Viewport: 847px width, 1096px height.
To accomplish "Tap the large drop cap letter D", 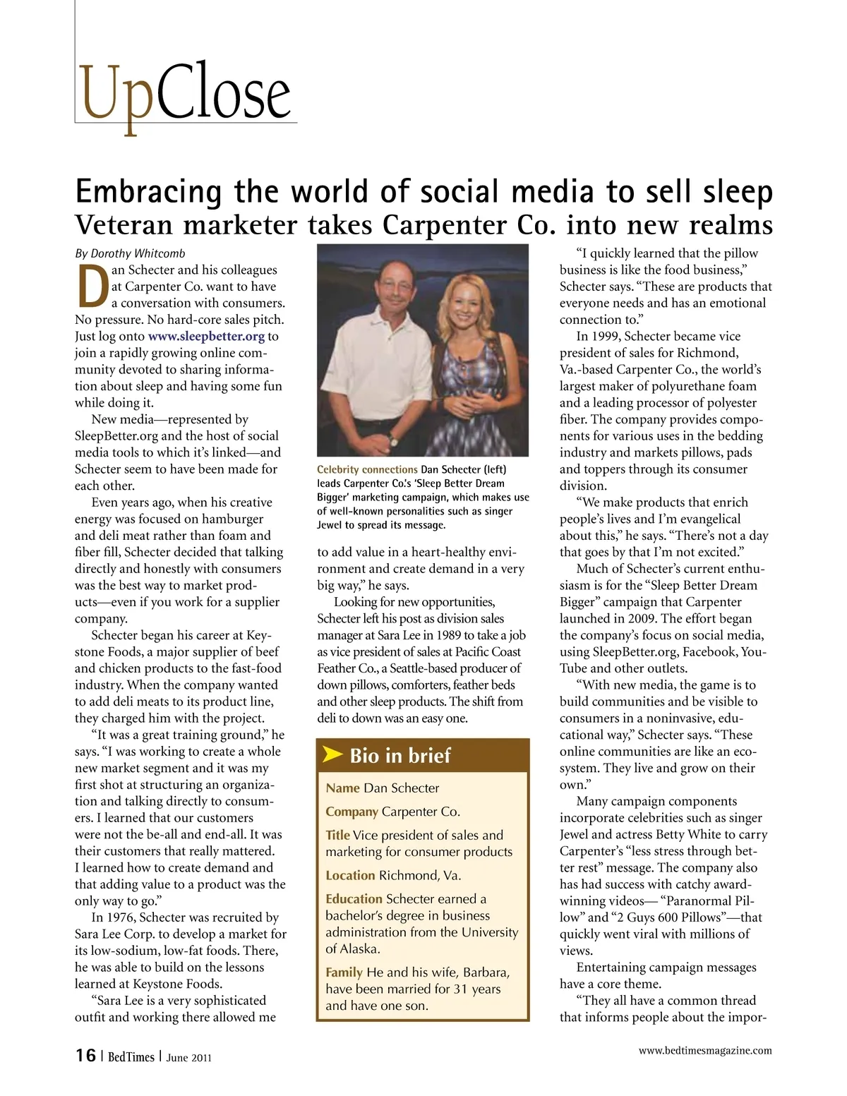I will (x=92, y=287).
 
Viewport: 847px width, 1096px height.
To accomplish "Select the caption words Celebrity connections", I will (x=367, y=469).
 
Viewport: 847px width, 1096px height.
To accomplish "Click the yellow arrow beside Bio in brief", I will (x=332, y=754).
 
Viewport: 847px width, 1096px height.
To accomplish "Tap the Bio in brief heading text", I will (x=400, y=756).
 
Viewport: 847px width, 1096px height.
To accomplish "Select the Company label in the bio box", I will (x=352, y=812).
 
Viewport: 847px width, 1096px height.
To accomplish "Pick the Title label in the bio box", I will (x=337, y=836).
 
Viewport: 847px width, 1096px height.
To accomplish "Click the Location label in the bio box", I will (x=350, y=876).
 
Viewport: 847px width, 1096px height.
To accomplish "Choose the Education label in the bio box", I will (x=354, y=899).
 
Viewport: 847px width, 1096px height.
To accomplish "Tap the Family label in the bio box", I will (x=344, y=972).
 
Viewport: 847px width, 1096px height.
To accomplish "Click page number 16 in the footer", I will (x=85, y=1056).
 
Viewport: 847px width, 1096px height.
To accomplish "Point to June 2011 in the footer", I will (x=188, y=1057).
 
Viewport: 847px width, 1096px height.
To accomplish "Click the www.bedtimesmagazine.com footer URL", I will (x=704, y=1051).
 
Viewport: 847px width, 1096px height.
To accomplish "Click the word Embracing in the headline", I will (x=148, y=191).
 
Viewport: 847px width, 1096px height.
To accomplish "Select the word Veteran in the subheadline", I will (x=125, y=225).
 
